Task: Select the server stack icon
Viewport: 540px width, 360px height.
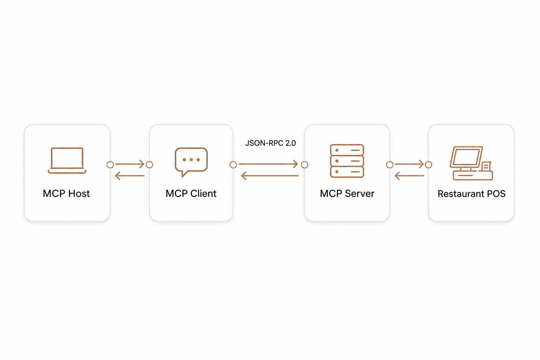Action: tap(347, 161)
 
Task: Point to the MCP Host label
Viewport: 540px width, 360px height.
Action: tap(66, 194)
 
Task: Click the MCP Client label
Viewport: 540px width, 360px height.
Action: tap(191, 194)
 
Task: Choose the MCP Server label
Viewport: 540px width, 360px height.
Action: tap(347, 194)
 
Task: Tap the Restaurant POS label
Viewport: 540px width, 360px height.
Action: tap(471, 194)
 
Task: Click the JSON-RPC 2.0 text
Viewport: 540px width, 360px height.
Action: tap(270, 143)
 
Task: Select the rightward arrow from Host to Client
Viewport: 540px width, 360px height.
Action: tap(130, 164)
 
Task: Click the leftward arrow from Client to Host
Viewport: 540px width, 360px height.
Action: tap(130, 176)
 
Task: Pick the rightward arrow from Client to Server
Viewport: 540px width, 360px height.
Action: tap(268, 164)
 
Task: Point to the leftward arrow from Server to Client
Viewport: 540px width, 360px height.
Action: tap(270, 176)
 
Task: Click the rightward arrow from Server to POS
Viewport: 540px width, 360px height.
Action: tap(409, 164)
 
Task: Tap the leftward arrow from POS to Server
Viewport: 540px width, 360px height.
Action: tap(409, 176)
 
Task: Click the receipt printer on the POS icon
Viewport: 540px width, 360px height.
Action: tap(486, 166)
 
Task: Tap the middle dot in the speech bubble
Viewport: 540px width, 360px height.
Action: tap(191, 160)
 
